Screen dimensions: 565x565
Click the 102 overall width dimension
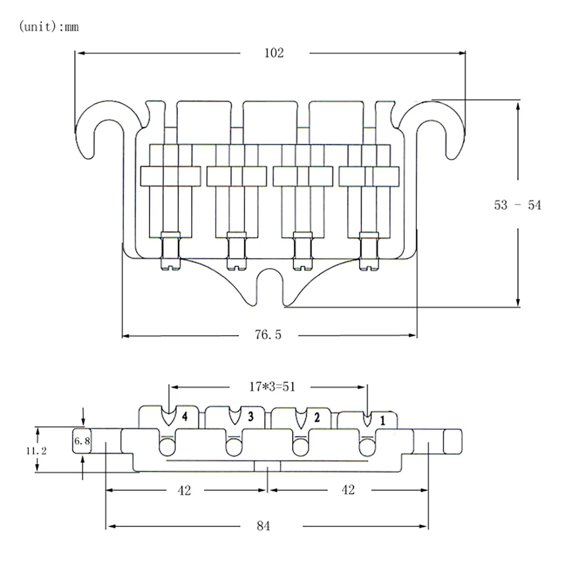(x=274, y=53)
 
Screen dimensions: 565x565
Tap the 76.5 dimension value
(x=267, y=335)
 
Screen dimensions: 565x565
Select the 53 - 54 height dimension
(x=518, y=205)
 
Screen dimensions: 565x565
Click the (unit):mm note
(x=49, y=27)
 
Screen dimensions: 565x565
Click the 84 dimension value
(x=263, y=526)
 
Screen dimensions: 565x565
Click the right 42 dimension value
(x=348, y=490)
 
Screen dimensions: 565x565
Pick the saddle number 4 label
(x=184, y=418)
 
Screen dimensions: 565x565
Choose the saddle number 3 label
(x=250, y=418)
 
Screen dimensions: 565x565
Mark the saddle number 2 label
(x=316, y=418)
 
